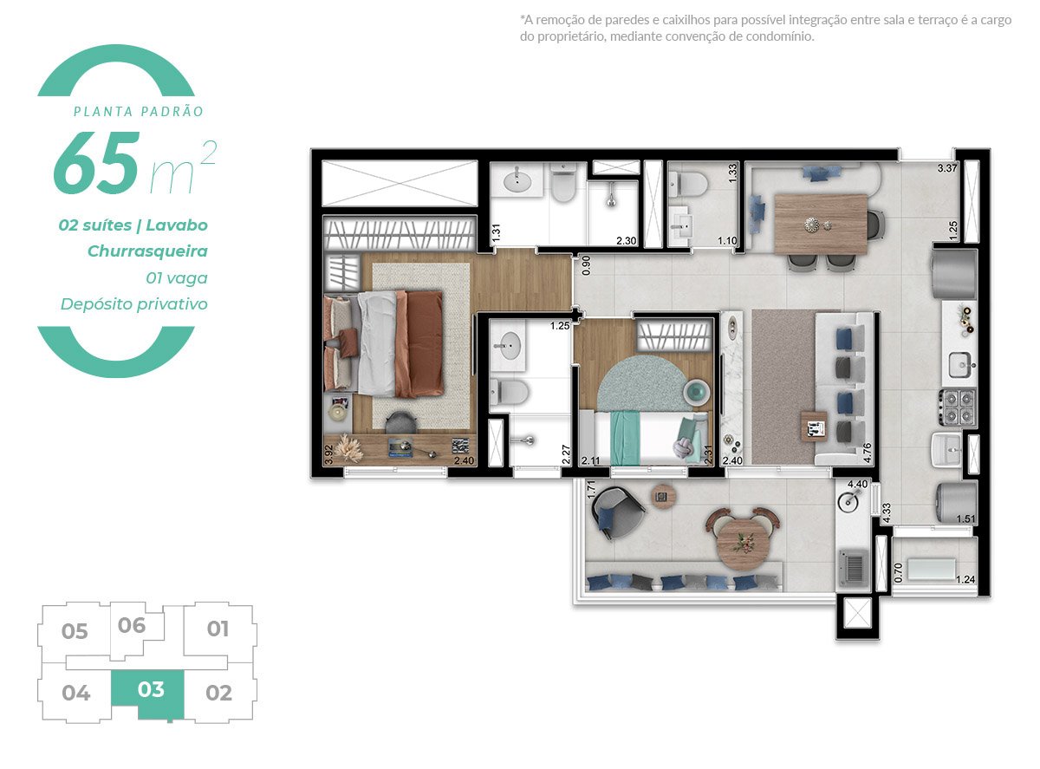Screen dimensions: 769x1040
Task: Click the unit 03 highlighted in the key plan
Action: pyautogui.click(x=150, y=691)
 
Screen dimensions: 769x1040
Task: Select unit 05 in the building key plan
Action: pyautogui.click(x=75, y=631)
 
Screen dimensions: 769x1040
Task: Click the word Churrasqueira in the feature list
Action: pyautogui.click(x=147, y=251)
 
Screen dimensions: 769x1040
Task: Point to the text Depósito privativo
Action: pyautogui.click(x=134, y=304)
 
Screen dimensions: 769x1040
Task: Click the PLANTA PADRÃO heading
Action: pyautogui.click(x=139, y=112)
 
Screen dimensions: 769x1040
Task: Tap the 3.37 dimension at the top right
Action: pyautogui.click(x=947, y=168)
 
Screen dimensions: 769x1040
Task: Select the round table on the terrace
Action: pyautogui.click(x=741, y=537)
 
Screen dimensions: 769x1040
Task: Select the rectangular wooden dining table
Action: pyautogui.click(x=820, y=223)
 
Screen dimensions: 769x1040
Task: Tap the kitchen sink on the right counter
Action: pyautogui.click(x=960, y=365)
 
